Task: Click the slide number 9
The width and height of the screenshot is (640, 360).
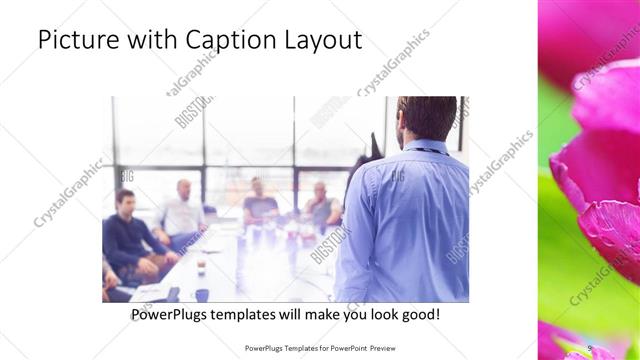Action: click(590, 347)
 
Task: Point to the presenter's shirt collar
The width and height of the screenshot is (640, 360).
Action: click(420, 145)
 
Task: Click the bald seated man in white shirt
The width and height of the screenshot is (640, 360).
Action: click(183, 213)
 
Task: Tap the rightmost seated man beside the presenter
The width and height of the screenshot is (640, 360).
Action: click(320, 205)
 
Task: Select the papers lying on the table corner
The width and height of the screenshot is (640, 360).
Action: click(150, 291)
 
